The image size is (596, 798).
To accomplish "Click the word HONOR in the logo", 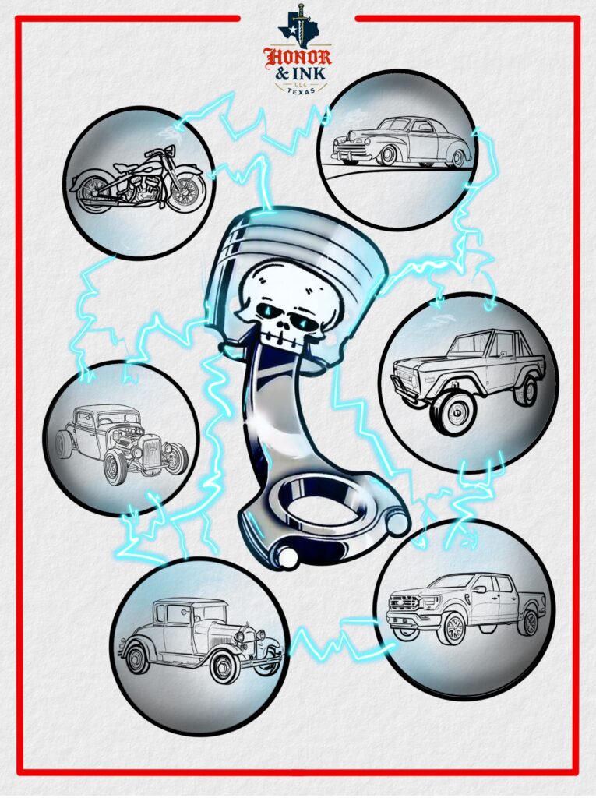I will [x=298, y=57].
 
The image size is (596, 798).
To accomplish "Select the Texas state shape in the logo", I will [x=296, y=28].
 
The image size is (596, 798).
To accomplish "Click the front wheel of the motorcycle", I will [x=186, y=190].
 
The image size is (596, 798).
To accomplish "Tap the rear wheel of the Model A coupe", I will [x=137, y=659].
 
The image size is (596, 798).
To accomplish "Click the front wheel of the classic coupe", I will [x=387, y=156].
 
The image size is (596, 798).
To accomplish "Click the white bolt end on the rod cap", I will [x=286, y=558].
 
